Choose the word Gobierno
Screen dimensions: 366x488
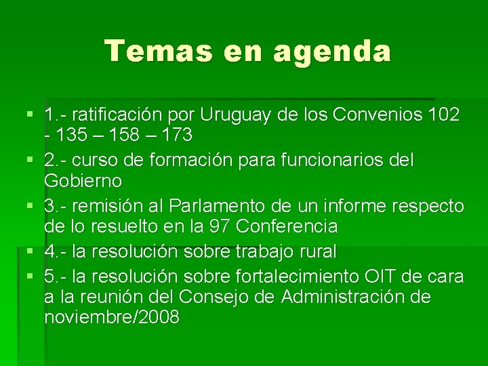point(83,181)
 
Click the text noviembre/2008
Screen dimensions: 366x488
point(112,317)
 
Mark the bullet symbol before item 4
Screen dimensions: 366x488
point(26,251)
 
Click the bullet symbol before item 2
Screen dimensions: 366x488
point(26,161)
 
